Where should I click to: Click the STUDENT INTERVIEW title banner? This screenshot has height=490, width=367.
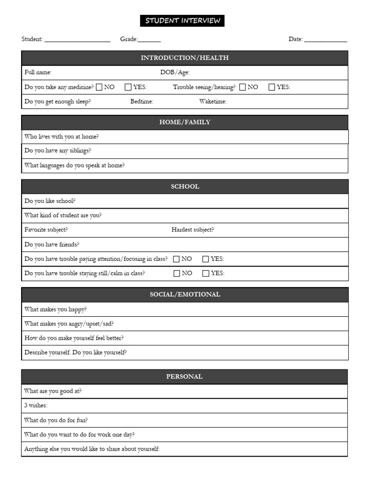pyautogui.click(x=182, y=21)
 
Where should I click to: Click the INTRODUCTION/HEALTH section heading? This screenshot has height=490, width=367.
pyautogui.click(x=184, y=58)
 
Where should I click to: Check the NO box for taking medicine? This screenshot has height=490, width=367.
pyautogui.click(x=99, y=87)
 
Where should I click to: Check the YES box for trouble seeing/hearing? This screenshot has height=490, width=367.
pyautogui.click(x=272, y=87)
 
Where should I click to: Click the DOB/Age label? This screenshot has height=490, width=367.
pyautogui.click(x=174, y=73)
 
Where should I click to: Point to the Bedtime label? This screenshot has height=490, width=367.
pyautogui.click(x=141, y=101)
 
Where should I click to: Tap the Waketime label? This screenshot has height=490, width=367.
pyautogui.click(x=213, y=101)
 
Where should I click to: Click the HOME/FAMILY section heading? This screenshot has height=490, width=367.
pyautogui.click(x=184, y=122)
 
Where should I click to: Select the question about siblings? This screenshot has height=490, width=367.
pyautogui.click(x=57, y=151)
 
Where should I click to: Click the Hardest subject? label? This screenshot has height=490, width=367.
pyautogui.click(x=193, y=230)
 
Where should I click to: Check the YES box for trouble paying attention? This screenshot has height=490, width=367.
pyautogui.click(x=205, y=259)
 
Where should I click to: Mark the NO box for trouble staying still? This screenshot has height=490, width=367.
pyautogui.click(x=176, y=274)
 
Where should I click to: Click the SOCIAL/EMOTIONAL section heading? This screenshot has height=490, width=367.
pyautogui.click(x=184, y=295)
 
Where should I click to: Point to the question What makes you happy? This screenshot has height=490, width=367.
pyautogui.click(x=55, y=310)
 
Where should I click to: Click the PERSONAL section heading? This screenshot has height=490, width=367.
pyautogui.click(x=184, y=377)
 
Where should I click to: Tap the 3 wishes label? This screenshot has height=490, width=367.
pyautogui.click(x=36, y=406)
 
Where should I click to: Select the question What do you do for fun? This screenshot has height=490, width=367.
pyautogui.click(x=56, y=420)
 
